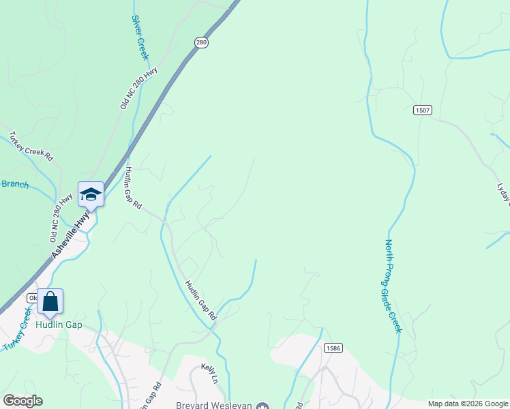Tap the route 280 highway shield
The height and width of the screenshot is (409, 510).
200,42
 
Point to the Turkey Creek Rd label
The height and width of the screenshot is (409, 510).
31,145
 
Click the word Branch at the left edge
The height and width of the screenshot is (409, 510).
14,184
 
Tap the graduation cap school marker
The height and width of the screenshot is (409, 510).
91,195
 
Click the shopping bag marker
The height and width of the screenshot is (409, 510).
50,302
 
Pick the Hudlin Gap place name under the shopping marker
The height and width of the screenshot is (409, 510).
59,324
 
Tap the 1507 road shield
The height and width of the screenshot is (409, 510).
422,110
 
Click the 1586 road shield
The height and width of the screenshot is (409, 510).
333,348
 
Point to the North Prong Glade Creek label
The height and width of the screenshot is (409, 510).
393,286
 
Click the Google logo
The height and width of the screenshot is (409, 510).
22,401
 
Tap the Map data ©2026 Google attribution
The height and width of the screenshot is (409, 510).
467,404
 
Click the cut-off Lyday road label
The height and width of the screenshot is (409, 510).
505,192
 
